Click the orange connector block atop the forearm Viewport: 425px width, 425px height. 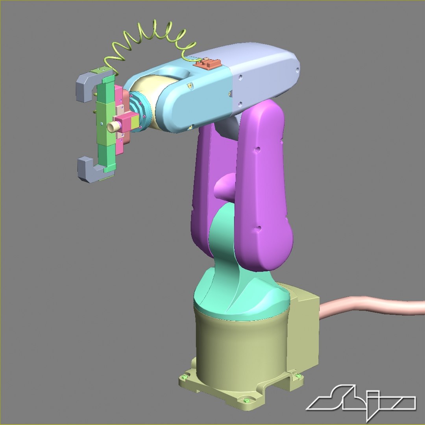point(208,63)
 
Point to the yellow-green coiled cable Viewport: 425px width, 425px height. point(150,37)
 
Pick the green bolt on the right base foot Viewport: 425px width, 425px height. point(298,377)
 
